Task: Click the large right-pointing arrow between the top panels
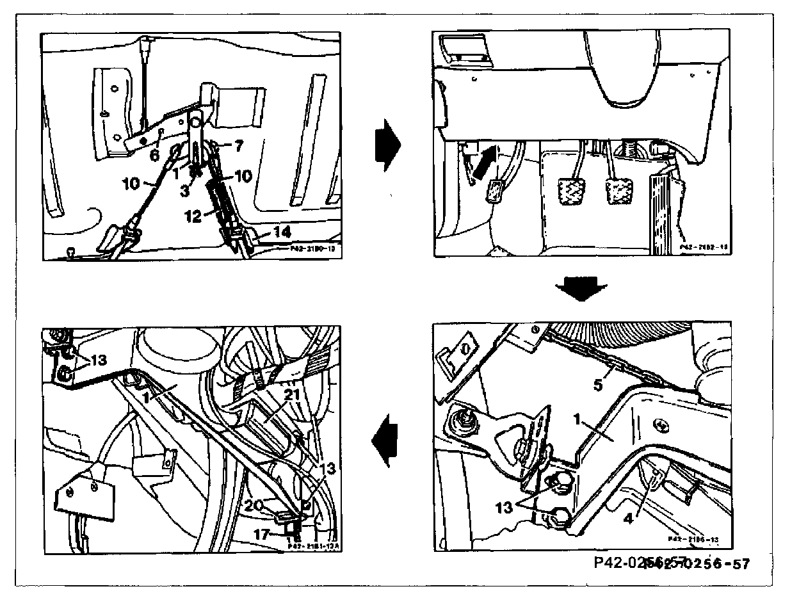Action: point(388,144)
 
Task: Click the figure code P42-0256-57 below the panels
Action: point(670,563)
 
